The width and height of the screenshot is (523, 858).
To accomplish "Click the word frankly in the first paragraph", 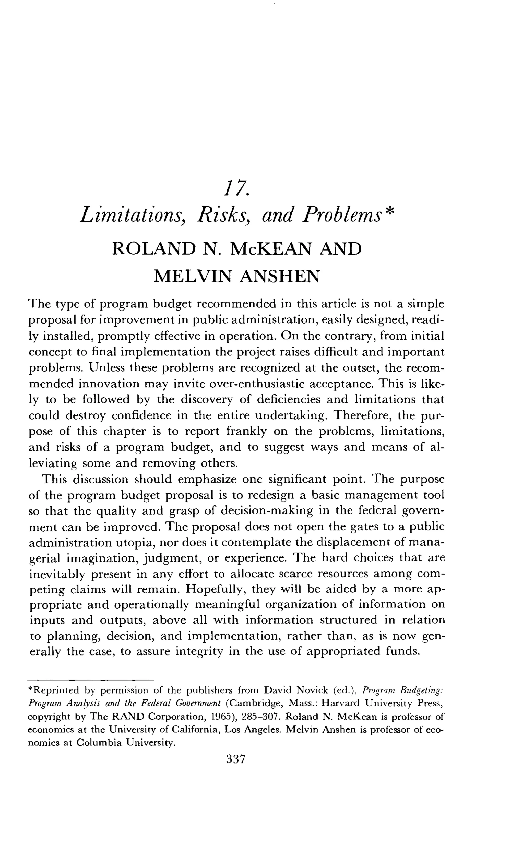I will [x=246, y=431].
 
